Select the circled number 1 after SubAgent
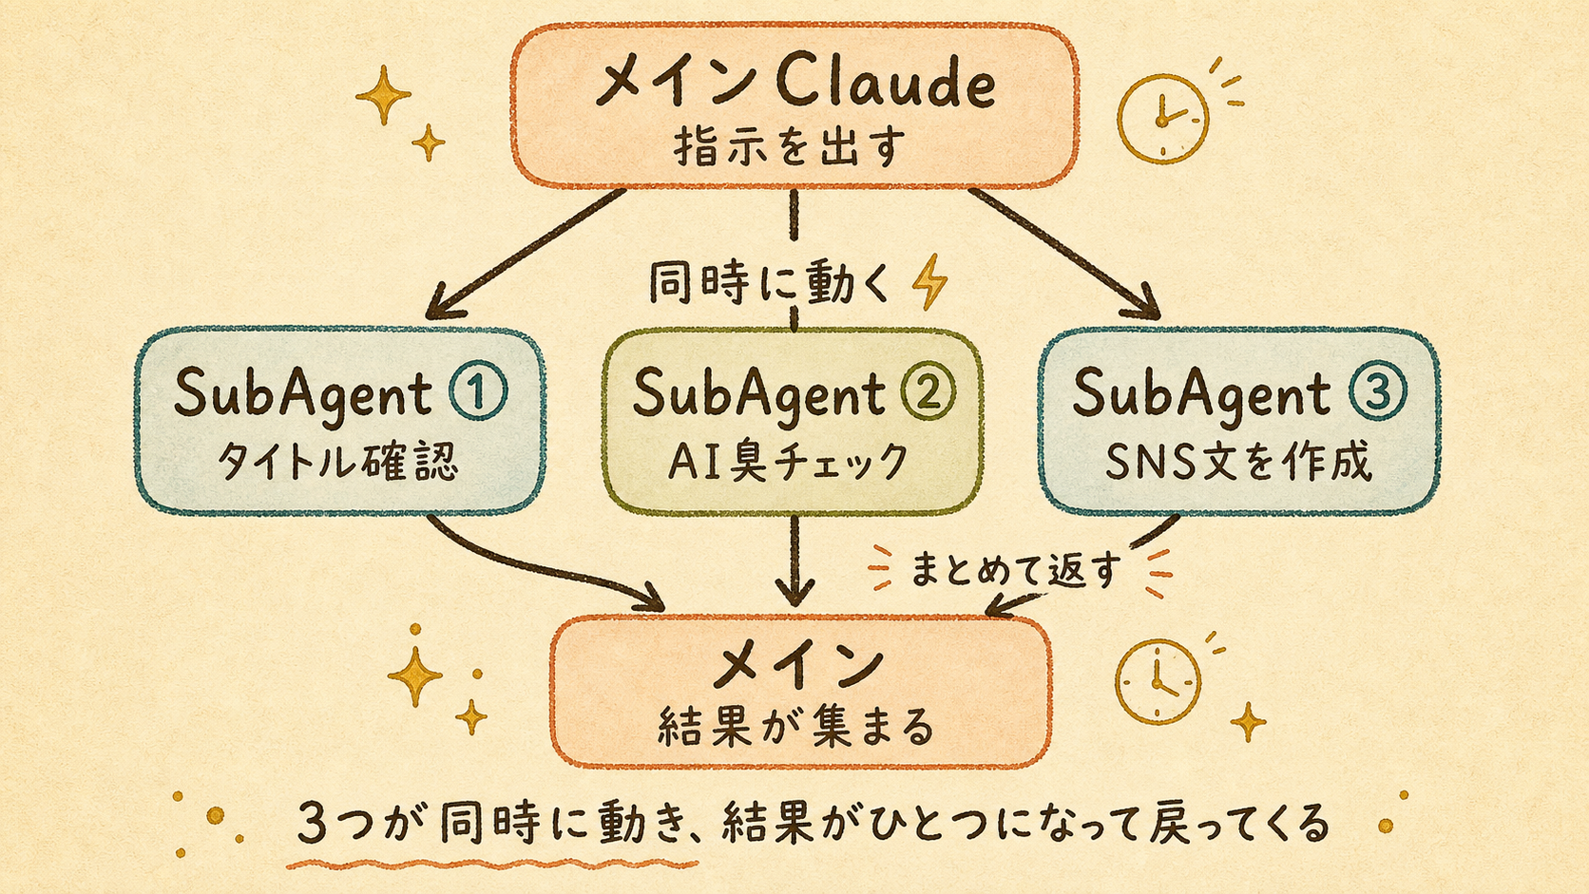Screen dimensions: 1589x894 478,391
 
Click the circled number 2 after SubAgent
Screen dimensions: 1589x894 928,391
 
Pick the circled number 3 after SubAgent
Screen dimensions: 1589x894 1378,391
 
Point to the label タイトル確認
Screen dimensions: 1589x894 337,462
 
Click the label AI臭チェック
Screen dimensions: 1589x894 788,462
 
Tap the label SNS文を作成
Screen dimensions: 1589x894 1238,462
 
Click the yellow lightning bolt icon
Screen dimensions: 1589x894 929,282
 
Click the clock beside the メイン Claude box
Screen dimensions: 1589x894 1162,119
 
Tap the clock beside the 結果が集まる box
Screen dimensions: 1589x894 1158,681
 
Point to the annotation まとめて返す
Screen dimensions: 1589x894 1016,569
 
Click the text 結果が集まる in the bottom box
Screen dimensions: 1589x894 795,727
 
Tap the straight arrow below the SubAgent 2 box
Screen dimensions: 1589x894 794,561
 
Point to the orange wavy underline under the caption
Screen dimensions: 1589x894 492,865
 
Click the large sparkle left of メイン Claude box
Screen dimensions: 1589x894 383,95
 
